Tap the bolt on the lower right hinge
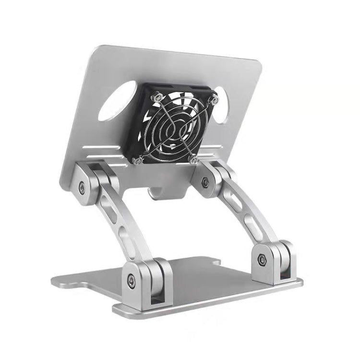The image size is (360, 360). (x=262, y=259)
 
